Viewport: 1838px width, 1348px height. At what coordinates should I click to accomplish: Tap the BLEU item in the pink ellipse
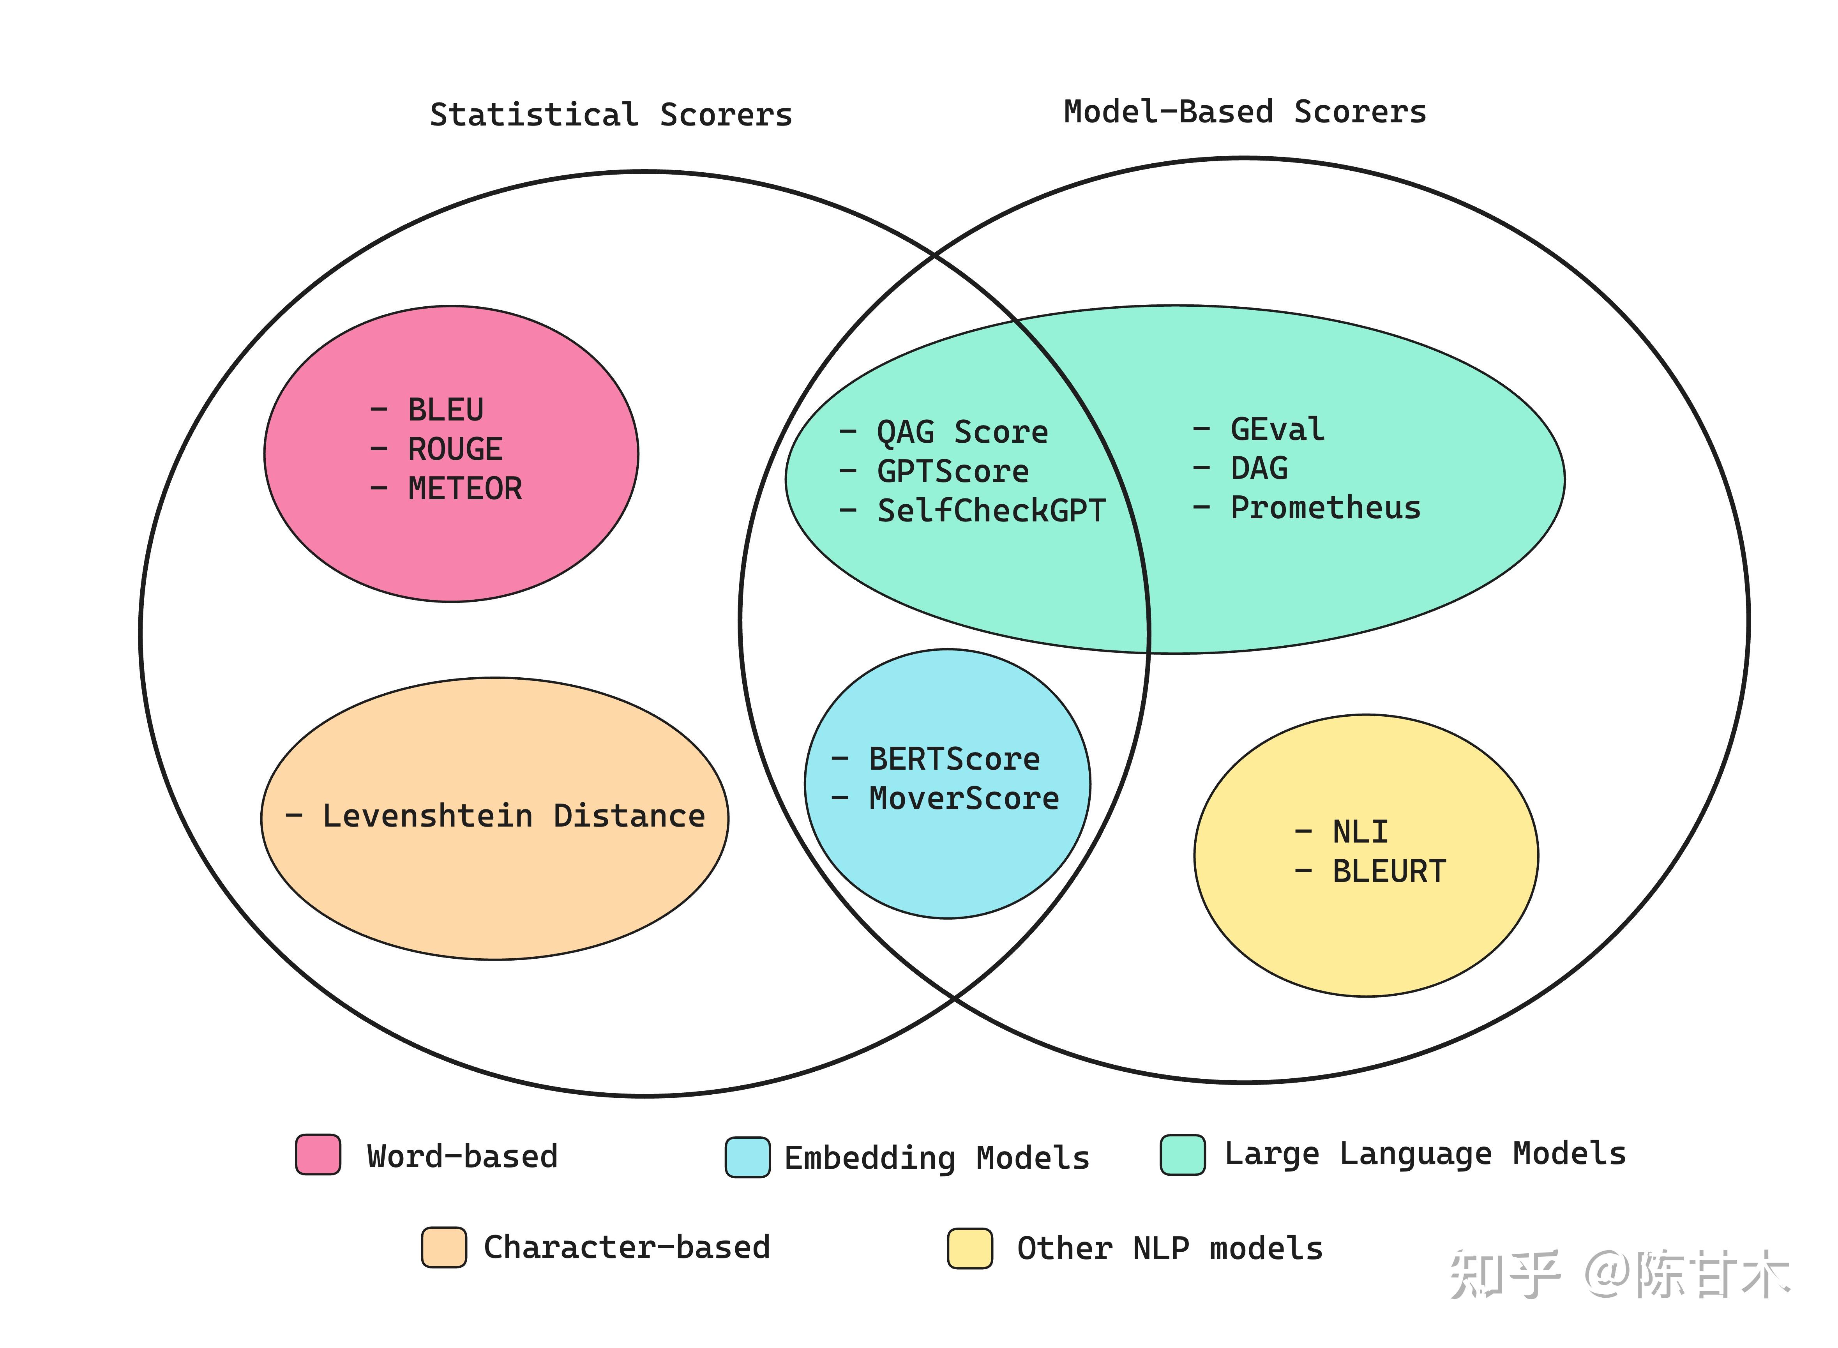click(x=445, y=410)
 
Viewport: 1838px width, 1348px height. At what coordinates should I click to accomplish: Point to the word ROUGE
click(x=454, y=449)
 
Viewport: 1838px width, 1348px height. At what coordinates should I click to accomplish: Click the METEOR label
click(x=464, y=489)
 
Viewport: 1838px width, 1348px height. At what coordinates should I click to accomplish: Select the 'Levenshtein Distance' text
click(x=513, y=816)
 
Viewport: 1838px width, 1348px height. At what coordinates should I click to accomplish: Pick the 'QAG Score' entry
click(x=962, y=432)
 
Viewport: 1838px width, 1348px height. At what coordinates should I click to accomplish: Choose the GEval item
click(x=1277, y=429)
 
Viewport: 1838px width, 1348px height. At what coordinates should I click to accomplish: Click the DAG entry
click(x=1259, y=468)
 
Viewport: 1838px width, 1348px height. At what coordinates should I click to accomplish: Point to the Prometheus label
click(x=1325, y=507)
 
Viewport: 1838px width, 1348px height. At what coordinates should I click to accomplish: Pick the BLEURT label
click(x=1388, y=871)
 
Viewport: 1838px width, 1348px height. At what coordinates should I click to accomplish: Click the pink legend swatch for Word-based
click(x=318, y=1155)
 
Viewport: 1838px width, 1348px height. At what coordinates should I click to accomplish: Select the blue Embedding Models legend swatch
click(x=747, y=1157)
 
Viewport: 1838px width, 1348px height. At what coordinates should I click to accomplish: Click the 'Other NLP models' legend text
click(x=1169, y=1249)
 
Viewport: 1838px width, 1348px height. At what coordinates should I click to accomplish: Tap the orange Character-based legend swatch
click(x=444, y=1247)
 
